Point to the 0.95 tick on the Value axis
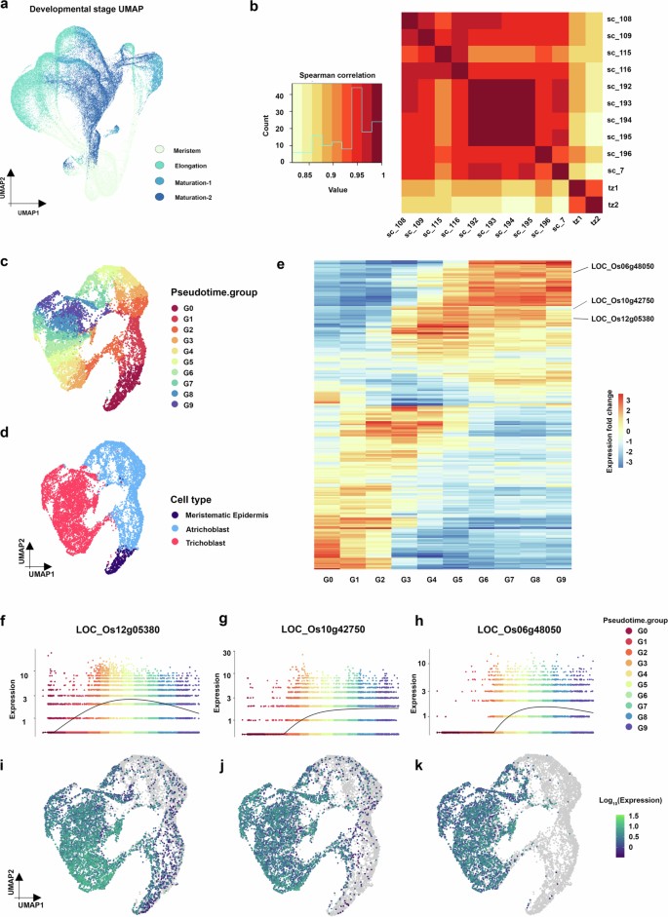tap(354, 174)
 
